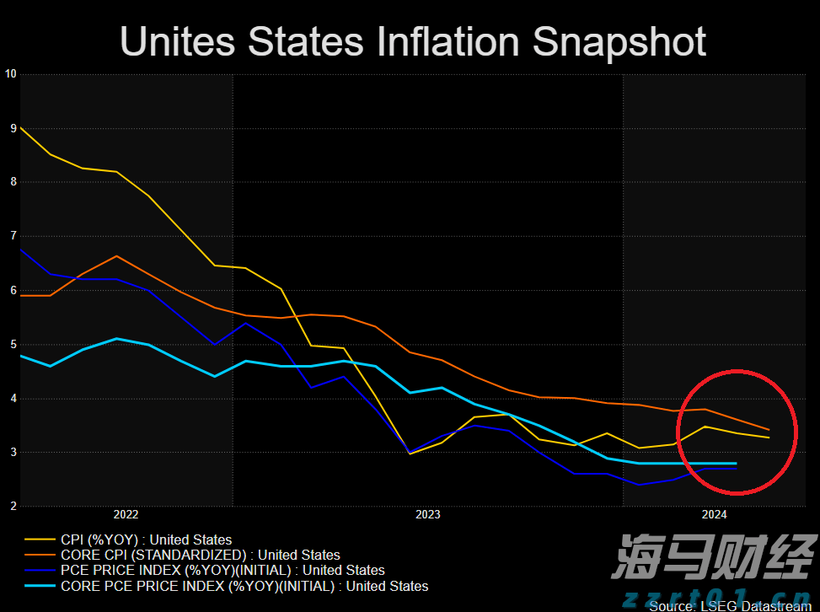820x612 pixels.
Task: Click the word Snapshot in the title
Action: pos(620,41)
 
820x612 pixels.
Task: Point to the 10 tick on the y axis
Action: pos(11,73)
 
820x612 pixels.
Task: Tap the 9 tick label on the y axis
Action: pos(13,128)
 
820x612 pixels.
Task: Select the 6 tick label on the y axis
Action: pos(13,290)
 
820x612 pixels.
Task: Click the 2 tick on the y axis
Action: pos(13,506)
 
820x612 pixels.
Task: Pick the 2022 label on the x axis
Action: pos(126,513)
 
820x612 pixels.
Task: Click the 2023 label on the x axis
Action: pos(427,513)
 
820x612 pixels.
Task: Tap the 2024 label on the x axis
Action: pos(715,513)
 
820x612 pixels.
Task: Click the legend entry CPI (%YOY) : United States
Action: pos(146,540)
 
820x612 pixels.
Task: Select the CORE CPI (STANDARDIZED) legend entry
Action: pos(201,555)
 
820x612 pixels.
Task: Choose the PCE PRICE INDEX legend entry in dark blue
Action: pos(222,571)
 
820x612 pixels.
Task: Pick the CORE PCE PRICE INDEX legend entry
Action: pos(244,586)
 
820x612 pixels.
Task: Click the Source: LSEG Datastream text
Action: pos(730,606)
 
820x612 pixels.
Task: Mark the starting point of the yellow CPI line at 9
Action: pos(20,128)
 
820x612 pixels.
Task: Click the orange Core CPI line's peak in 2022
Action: pos(116,255)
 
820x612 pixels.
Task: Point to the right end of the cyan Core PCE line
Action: pos(737,463)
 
